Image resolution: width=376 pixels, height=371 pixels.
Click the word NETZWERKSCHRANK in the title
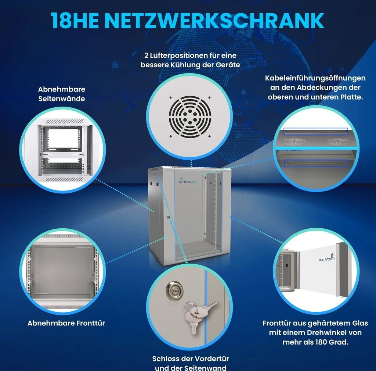[x=214, y=21]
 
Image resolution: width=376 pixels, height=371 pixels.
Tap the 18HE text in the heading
[x=75, y=21]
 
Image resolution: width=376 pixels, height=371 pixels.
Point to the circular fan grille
[x=190, y=117]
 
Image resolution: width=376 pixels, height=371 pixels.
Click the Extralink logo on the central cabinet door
[x=188, y=181]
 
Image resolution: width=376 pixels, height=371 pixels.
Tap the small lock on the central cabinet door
[x=169, y=217]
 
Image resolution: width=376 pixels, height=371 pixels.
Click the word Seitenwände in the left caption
[x=62, y=99]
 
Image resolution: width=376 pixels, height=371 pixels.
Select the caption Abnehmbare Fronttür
[x=66, y=323]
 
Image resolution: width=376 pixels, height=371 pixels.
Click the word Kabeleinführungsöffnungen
[x=315, y=78]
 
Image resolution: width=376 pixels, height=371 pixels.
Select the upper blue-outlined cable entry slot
[x=315, y=131]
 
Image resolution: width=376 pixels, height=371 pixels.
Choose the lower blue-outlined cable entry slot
[x=316, y=163]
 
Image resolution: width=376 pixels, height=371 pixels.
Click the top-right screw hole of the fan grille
[x=209, y=98]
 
